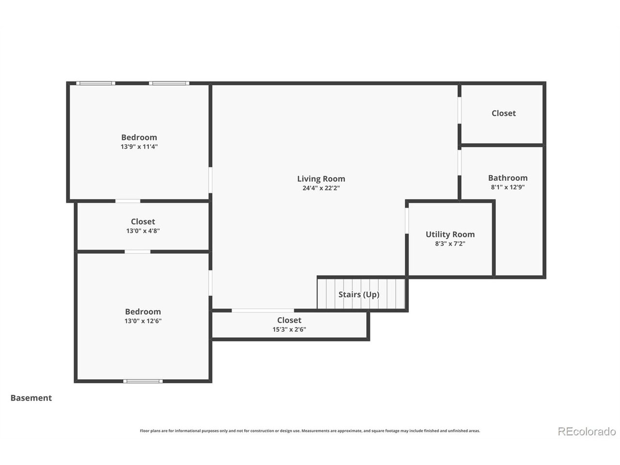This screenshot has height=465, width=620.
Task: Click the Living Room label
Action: click(x=321, y=179)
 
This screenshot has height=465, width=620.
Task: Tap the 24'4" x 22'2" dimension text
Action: click(x=321, y=188)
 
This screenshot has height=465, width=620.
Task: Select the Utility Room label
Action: click(x=450, y=234)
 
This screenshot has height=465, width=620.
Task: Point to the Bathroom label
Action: click(x=508, y=178)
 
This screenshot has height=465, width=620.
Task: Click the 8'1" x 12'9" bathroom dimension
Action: click(x=508, y=187)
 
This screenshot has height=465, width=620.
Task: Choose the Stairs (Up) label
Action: click(x=359, y=294)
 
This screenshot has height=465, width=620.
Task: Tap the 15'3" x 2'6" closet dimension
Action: click(x=289, y=329)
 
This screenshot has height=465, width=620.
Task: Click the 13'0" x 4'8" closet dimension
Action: click(x=143, y=231)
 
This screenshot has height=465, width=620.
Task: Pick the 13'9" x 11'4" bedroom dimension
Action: click(x=139, y=147)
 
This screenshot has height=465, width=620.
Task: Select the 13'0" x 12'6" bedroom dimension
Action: click(x=143, y=321)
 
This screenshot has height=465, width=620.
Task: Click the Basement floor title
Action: click(x=31, y=398)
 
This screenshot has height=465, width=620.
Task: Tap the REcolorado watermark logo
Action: click(x=587, y=431)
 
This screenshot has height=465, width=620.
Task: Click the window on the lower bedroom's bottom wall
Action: click(x=143, y=381)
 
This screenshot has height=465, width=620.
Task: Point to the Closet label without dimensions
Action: click(x=504, y=113)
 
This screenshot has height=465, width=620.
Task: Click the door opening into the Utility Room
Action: click(x=407, y=221)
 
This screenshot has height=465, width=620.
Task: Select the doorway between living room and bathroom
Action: click(x=460, y=162)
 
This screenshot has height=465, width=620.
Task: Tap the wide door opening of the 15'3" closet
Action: click(x=263, y=310)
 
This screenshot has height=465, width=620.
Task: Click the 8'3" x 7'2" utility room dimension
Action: click(x=450, y=243)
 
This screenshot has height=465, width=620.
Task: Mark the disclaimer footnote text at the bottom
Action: click(x=310, y=431)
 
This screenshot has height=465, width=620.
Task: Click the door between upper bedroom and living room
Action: click(x=210, y=180)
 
